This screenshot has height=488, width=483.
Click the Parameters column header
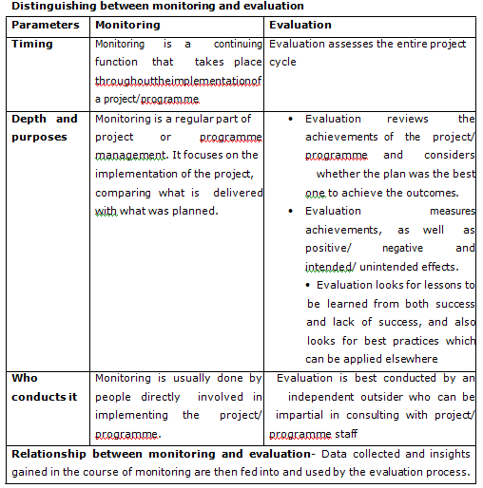[x=46, y=25]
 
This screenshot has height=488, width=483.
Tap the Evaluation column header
[x=300, y=25]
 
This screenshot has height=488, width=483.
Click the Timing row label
[x=32, y=44]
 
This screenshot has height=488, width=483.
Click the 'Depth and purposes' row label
[x=44, y=127]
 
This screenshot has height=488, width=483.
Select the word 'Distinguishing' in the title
[x=43, y=7]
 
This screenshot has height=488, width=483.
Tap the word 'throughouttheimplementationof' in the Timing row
[x=178, y=81]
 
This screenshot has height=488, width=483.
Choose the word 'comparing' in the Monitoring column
[x=125, y=193]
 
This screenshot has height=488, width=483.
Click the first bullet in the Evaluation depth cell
[x=290, y=119]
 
